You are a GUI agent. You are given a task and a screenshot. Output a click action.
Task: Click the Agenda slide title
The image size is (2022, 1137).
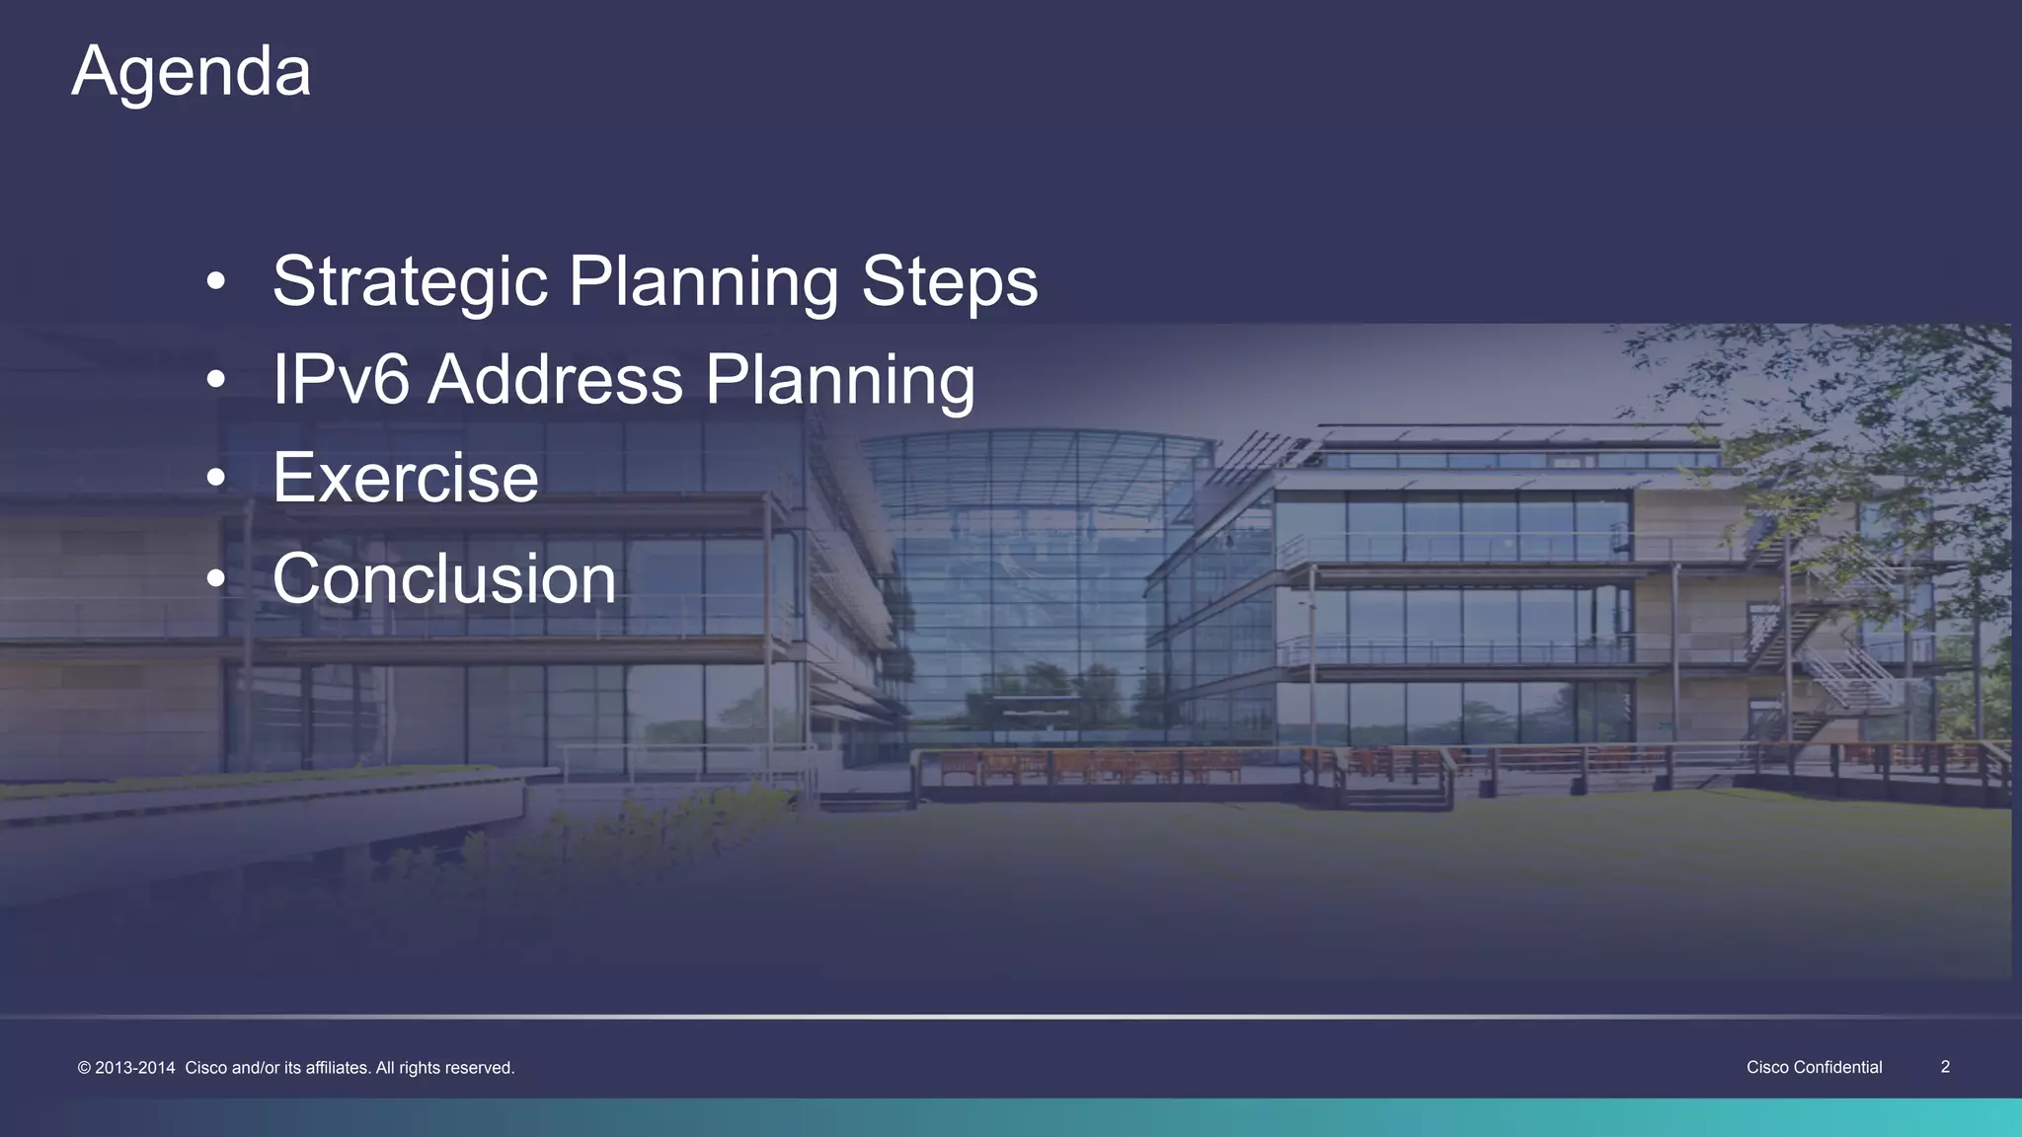click(192, 71)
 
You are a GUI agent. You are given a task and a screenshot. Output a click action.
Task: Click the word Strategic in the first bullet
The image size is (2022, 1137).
click(409, 282)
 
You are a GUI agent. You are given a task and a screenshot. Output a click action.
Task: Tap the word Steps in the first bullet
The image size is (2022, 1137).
click(949, 282)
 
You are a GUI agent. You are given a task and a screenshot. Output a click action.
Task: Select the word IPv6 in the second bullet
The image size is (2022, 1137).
click(340, 380)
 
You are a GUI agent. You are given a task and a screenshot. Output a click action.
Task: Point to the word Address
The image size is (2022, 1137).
click(555, 380)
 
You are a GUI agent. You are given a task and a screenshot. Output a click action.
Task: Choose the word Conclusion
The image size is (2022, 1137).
click(444, 578)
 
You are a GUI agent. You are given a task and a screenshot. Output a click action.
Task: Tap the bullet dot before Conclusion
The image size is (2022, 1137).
click(216, 580)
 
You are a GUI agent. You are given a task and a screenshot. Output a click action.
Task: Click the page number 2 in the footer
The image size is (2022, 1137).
click(1945, 1067)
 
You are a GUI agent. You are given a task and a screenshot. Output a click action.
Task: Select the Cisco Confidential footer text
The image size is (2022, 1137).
click(1814, 1067)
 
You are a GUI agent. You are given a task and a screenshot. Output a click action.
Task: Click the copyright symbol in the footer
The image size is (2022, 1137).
click(84, 1068)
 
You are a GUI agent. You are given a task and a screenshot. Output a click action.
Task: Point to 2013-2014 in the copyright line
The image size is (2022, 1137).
click(135, 1068)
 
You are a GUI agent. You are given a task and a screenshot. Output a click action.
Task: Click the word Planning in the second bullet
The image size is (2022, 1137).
click(839, 380)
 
